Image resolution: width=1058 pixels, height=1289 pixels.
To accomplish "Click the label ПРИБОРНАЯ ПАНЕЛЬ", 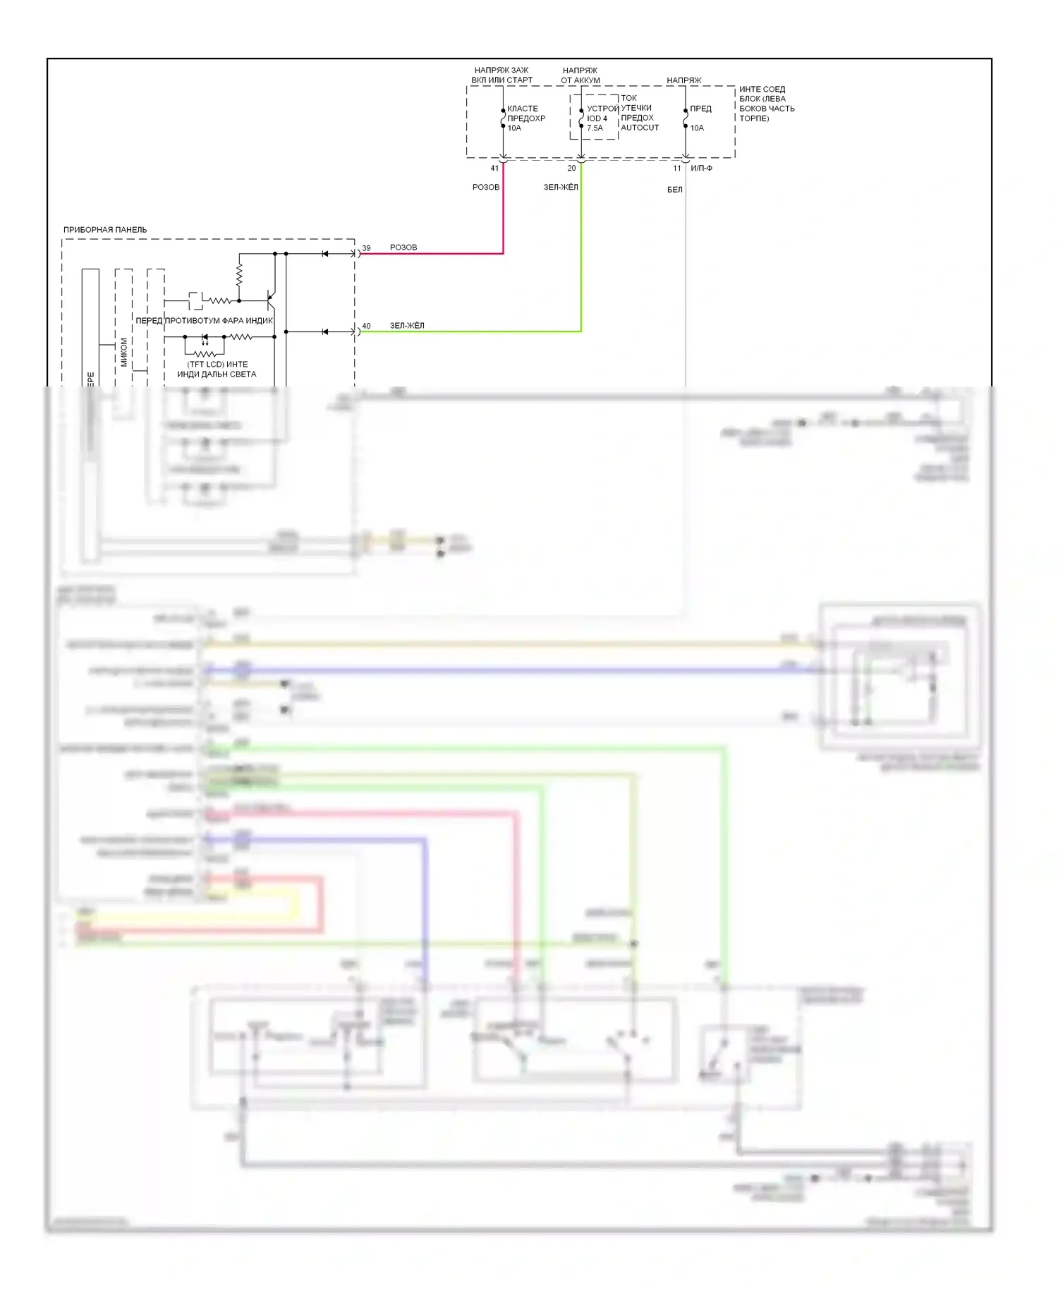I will (x=105, y=230).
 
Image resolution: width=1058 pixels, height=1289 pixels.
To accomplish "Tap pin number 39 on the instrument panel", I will (x=366, y=248).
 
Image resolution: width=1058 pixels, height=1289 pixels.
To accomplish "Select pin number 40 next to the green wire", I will (x=366, y=326).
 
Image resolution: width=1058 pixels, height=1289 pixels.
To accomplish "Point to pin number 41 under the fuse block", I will (x=494, y=169).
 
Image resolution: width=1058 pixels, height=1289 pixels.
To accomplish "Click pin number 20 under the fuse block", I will (x=571, y=169).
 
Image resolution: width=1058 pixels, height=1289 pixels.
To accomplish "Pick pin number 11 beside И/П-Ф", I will (x=676, y=169).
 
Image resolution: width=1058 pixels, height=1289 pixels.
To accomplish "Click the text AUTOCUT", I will (x=640, y=128).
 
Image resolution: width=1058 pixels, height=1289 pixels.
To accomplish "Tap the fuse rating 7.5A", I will (x=595, y=128).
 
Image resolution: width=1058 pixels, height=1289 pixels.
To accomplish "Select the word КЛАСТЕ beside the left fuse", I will (x=523, y=109).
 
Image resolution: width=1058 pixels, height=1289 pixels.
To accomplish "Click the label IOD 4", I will (x=597, y=118).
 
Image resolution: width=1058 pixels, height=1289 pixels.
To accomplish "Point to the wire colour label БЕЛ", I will (x=675, y=190).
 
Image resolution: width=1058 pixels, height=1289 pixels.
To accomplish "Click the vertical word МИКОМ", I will (x=124, y=352).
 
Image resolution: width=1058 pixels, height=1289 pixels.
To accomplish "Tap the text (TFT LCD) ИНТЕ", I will (x=217, y=365).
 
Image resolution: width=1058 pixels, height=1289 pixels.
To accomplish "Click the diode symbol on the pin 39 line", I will (x=324, y=253).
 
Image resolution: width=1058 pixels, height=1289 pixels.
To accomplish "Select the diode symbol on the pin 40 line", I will (x=324, y=331).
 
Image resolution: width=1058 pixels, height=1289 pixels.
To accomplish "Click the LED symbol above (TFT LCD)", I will (x=205, y=338).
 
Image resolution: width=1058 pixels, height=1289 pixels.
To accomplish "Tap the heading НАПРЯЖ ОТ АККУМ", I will (x=580, y=75).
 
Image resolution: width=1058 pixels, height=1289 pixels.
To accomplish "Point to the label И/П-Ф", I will (x=701, y=169).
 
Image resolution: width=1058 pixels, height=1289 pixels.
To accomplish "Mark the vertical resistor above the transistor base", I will (x=239, y=274).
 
